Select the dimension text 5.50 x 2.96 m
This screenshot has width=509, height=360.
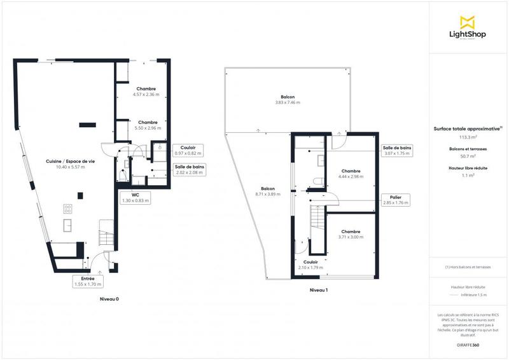click(147, 128)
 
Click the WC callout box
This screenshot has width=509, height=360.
click(135, 197)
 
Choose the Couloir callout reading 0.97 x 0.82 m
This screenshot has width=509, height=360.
click(188, 150)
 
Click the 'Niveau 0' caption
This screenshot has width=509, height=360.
click(109, 298)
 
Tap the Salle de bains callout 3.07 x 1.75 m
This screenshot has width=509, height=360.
click(397, 150)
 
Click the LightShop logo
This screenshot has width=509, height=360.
click(468, 29)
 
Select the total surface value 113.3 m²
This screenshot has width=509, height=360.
click(468, 136)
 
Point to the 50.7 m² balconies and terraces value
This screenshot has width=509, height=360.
click(468, 156)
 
